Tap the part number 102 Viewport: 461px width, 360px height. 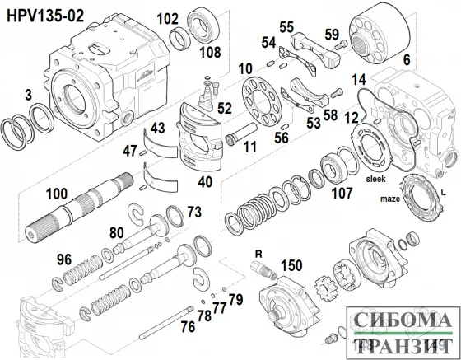click(167, 18)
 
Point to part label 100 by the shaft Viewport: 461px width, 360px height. click(57, 194)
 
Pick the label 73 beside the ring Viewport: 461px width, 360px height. click(193, 213)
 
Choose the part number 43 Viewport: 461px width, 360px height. click(157, 128)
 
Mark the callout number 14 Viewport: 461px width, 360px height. click(358, 79)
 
